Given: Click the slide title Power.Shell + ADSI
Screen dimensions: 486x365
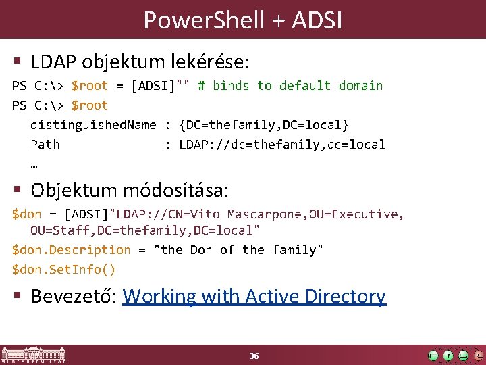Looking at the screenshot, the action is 243,20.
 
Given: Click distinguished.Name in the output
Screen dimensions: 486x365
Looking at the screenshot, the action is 93,125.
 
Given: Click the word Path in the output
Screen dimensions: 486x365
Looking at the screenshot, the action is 45,144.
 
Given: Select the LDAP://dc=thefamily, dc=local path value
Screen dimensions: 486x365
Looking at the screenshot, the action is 282,144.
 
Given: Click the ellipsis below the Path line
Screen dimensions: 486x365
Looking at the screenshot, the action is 34,164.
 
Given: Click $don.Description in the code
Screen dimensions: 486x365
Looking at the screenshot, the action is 72,250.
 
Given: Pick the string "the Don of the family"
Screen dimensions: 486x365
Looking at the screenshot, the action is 239,250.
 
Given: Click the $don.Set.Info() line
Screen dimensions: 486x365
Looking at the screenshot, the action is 64,269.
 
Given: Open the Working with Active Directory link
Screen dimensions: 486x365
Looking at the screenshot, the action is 254,296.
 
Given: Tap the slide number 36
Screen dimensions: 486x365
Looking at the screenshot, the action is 254,356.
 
